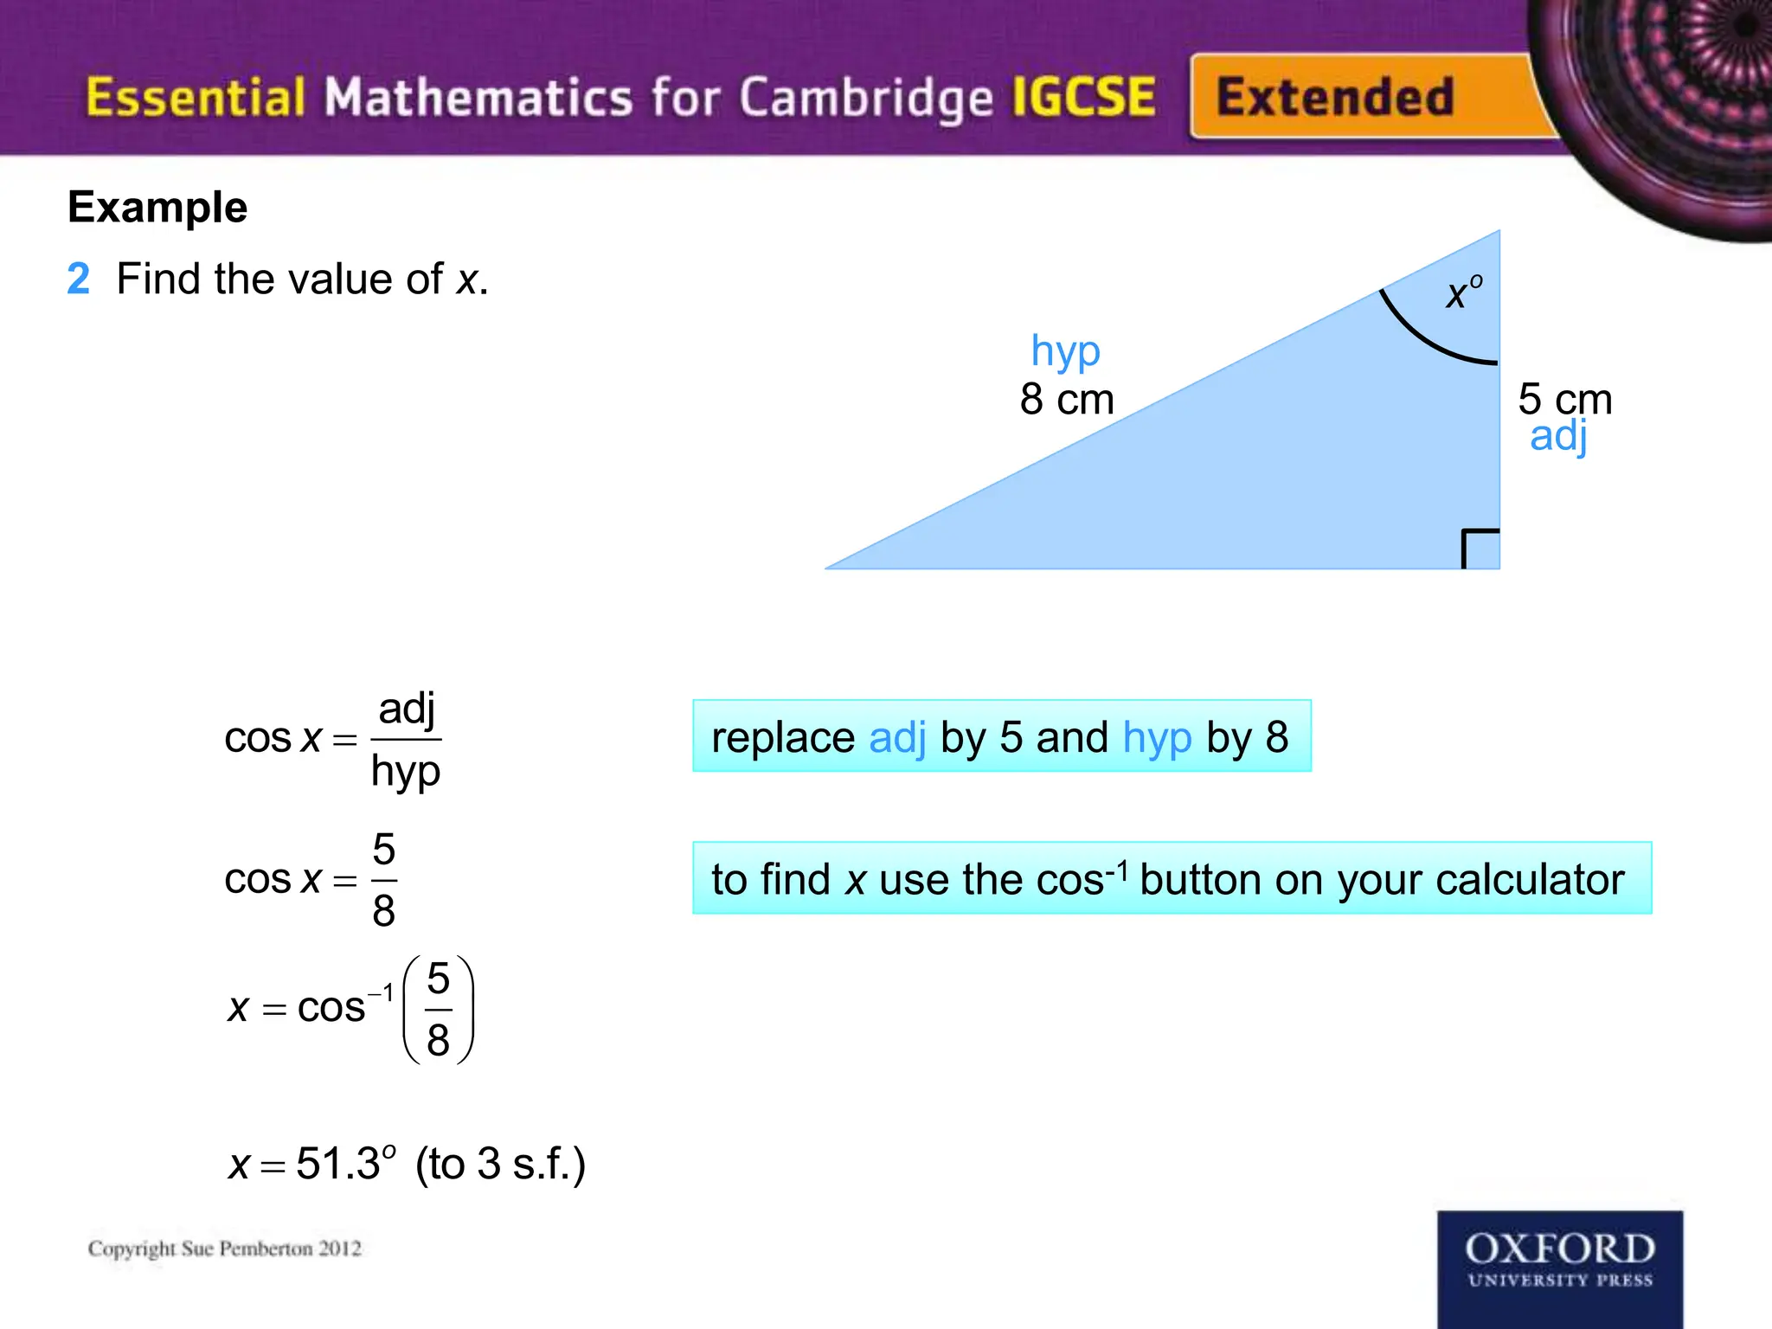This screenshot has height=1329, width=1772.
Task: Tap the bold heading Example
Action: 157,208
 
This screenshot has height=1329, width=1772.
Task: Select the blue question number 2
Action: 78,279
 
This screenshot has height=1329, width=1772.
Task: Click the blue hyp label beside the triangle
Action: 1065,352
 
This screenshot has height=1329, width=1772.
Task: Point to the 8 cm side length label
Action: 1066,400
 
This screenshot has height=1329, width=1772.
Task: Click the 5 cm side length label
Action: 1564,399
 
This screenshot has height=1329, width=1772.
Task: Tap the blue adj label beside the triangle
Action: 1558,437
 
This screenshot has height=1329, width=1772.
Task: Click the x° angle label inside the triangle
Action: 1463,293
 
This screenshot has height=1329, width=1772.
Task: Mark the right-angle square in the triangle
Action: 1480,549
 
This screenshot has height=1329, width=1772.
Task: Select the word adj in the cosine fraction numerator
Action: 406,709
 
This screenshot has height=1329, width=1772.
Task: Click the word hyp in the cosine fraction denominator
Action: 405,772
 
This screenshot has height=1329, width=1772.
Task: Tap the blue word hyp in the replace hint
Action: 1157,738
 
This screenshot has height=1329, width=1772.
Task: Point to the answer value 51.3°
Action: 344,1163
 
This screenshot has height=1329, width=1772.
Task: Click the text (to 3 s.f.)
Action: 500,1164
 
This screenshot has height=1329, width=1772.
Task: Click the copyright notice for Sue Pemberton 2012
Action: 225,1249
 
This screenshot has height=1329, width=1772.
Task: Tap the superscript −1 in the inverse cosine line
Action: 382,993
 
